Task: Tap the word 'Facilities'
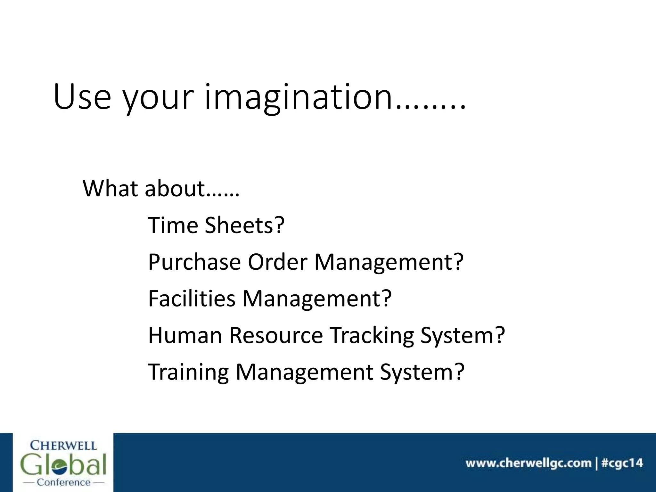(192, 298)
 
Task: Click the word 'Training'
(188, 372)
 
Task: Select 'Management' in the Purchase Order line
(389, 262)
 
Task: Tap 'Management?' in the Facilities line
(317, 299)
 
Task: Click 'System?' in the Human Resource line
(463, 336)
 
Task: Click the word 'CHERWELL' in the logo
(63, 446)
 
